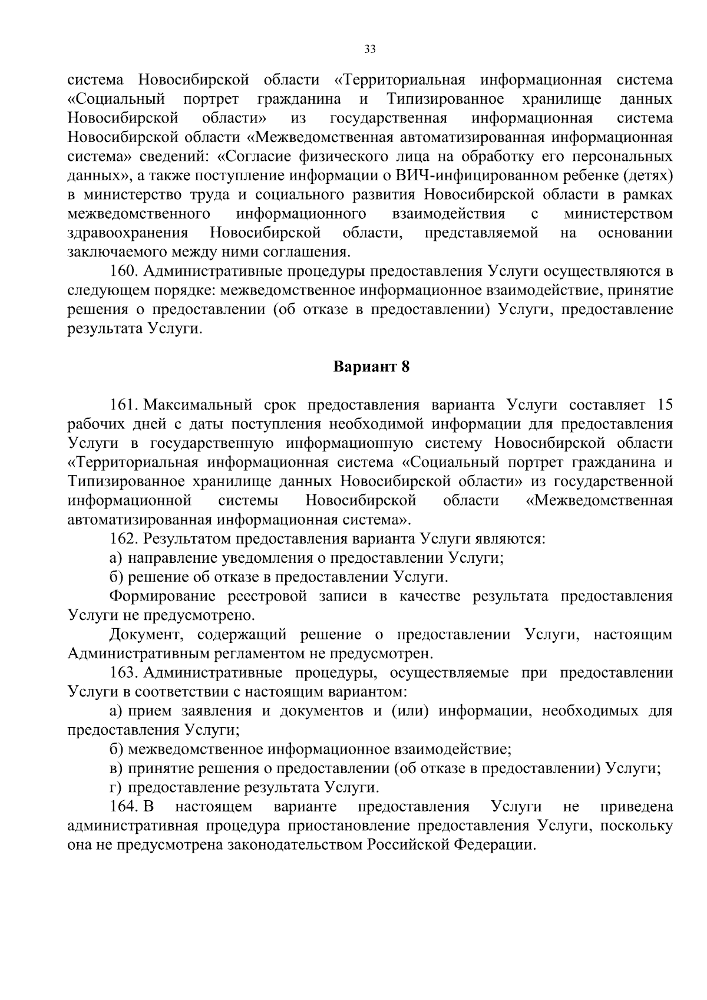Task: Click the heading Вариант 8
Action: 371,367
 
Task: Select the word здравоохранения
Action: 128,233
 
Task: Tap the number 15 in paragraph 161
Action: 664,405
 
